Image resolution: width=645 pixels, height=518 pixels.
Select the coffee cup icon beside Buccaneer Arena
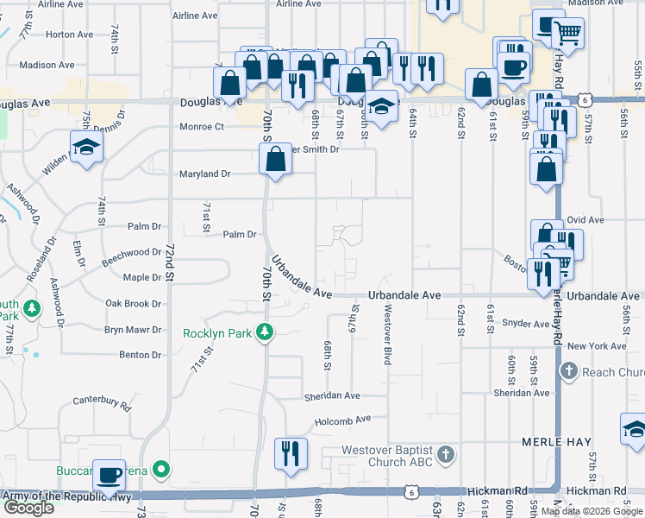[x=109, y=474]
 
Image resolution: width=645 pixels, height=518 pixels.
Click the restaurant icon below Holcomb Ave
[x=291, y=452]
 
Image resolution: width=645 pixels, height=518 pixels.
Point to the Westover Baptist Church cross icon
[x=445, y=454]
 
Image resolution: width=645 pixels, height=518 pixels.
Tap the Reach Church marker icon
[x=568, y=371]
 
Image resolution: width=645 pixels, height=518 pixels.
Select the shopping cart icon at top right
[x=567, y=34]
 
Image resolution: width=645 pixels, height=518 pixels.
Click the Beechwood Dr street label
[x=131, y=253]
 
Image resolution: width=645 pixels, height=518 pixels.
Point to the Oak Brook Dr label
[x=133, y=304]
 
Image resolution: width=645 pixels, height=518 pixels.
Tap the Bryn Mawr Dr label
[x=133, y=330]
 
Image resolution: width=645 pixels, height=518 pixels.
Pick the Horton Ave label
[x=69, y=35]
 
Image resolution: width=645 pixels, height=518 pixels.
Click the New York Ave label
[x=597, y=346]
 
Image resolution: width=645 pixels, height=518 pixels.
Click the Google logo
[x=28, y=508]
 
